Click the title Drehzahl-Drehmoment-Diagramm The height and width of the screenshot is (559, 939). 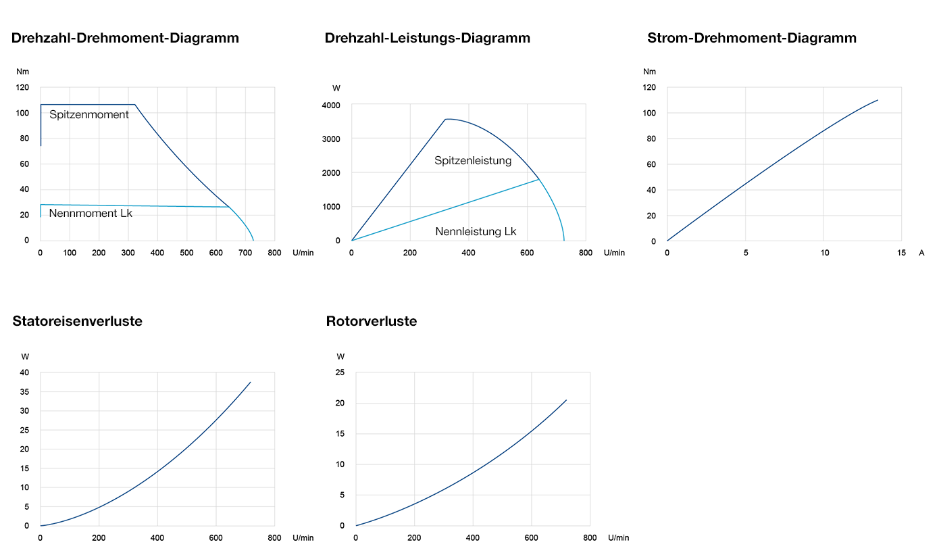click(125, 38)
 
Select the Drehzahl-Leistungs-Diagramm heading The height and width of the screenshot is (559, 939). click(427, 38)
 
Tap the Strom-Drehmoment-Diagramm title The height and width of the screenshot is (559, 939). click(751, 38)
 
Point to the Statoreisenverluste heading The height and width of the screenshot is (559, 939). click(77, 321)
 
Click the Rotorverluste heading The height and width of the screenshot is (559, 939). click(371, 321)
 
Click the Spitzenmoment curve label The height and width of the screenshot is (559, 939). click(89, 115)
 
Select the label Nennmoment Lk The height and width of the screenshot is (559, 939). click(91, 214)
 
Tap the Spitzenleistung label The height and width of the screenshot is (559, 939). click(473, 161)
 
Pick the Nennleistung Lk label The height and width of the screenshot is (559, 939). click(476, 232)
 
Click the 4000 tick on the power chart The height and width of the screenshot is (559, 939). click(331, 105)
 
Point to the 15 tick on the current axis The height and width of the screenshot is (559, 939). click(901, 253)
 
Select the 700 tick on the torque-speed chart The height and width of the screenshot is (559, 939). click(245, 253)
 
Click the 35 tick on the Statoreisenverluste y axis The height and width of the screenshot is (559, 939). click(25, 392)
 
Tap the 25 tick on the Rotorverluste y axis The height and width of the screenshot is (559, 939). click(340, 372)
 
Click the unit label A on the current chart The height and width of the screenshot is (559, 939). click(921, 253)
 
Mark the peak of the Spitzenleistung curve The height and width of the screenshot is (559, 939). click(447, 119)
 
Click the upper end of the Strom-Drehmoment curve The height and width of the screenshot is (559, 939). click(878, 100)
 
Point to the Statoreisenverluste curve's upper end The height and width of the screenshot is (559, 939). click(251, 382)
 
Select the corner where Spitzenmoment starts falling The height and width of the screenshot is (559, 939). click(135, 105)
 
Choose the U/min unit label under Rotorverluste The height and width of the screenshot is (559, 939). click(618, 538)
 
